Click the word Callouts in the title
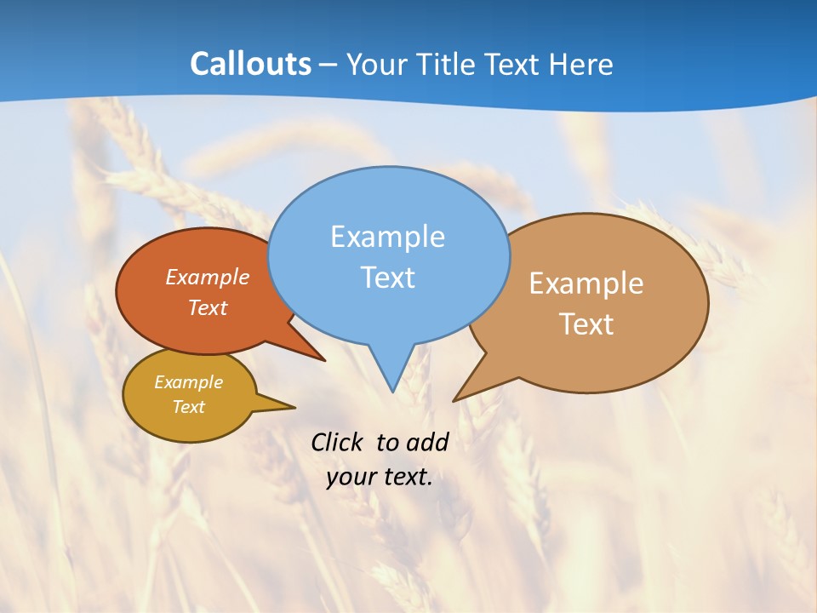(250, 65)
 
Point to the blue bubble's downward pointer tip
(391, 390)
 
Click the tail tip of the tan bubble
(454, 399)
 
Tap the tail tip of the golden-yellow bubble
(294, 407)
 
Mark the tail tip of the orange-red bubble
(324, 360)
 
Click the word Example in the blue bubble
(388, 237)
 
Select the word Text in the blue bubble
(388, 278)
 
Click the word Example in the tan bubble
(586, 284)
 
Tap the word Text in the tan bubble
(586, 324)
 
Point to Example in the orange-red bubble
(208, 277)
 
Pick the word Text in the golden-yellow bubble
(189, 407)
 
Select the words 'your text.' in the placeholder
(380, 478)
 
